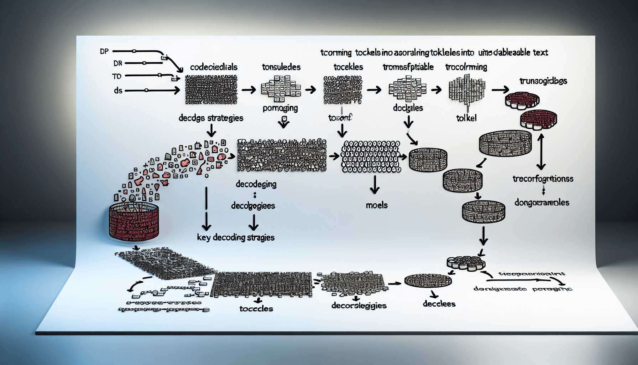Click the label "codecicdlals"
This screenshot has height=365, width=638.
tap(214, 67)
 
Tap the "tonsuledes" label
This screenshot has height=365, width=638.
tap(281, 67)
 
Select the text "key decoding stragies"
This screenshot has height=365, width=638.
tap(236, 237)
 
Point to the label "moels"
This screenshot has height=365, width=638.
tap(377, 205)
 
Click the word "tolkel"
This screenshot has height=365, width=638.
tap(466, 118)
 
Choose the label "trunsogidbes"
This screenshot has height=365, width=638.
tap(543, 81)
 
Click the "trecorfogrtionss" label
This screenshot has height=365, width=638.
tap(543, 179)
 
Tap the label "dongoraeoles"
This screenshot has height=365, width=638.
tap(542, 202)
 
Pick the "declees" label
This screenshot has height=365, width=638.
tap(439, 304)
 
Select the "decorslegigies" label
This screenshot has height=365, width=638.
tap(359, 305)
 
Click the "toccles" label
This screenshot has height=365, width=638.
tap(256, 309)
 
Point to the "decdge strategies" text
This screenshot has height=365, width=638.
tap(211, 118)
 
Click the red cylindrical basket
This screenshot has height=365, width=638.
tap(134, 221)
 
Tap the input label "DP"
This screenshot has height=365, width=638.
tap(104, 51)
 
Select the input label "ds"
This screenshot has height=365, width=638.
tap(118, 91)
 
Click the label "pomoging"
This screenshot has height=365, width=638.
tap(280, 108)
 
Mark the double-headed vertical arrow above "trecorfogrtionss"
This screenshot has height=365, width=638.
tap(541, 151)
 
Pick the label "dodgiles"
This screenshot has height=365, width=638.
tap(408, 108)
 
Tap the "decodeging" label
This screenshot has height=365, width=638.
tap(256, 184)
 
